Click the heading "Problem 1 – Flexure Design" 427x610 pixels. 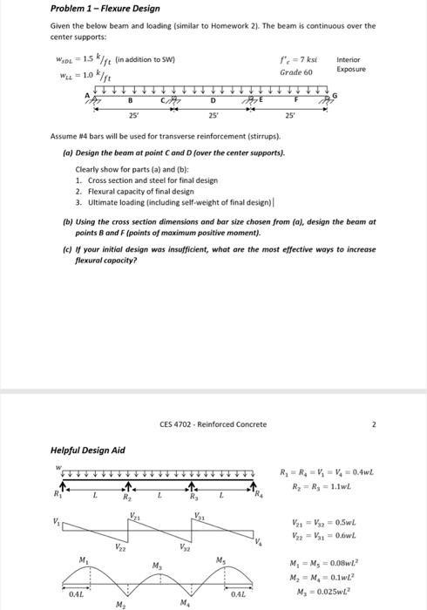click(105, 9)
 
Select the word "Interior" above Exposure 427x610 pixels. click(348, 58)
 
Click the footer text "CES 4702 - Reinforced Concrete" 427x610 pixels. click(213, 424)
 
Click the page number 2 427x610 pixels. click(371, 424)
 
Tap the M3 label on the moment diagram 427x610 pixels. click(158, 567)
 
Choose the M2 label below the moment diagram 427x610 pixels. click(119, 603)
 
